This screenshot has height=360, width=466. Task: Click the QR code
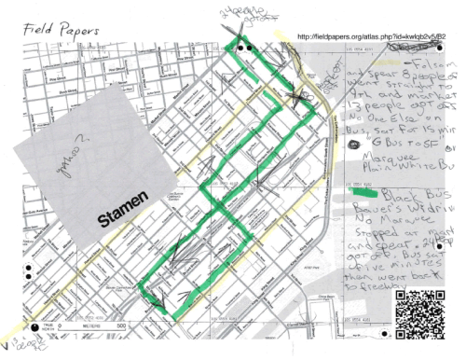coord(420,314)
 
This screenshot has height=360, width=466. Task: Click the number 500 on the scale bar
coord(120,325)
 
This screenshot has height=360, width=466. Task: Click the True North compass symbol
coord(36,329)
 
